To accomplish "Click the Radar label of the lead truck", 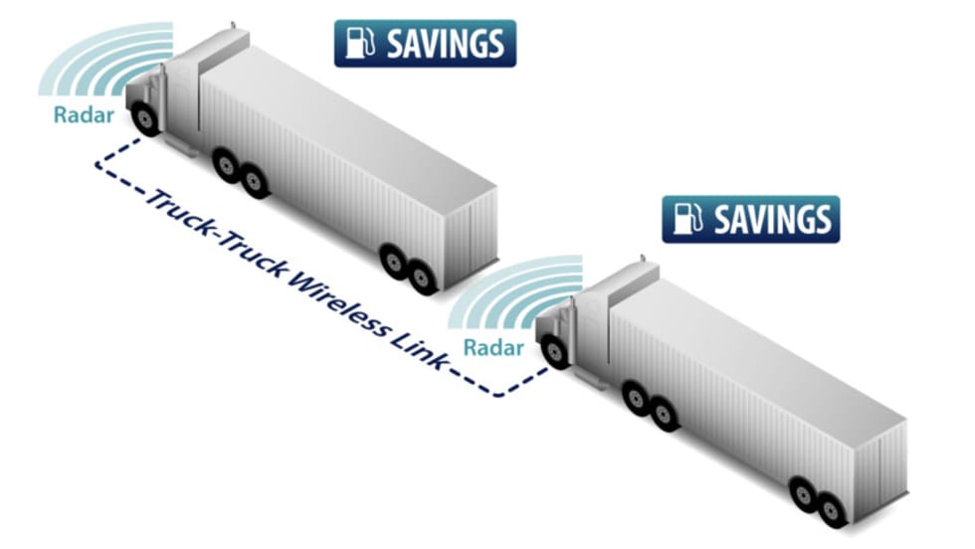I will pos(84,115).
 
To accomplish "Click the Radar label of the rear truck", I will pos(491,348).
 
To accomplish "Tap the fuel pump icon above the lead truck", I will pos(358,44).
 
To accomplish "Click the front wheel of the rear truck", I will pos(555,352).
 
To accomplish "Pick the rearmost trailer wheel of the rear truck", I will pos(832,508).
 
